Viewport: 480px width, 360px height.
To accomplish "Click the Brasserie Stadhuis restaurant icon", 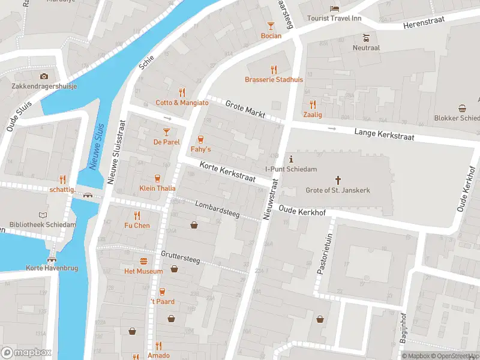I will [274, 70].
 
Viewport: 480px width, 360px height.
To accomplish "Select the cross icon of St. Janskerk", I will [338, 180].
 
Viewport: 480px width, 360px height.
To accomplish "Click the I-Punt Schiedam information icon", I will [291, 159].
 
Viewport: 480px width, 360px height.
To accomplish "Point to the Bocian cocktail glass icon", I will [271, 25].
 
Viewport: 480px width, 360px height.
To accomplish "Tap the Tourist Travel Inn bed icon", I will [334, 8].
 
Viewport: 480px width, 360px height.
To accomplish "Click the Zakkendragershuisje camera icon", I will [44, 76].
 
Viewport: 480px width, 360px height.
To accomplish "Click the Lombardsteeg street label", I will [217, 209].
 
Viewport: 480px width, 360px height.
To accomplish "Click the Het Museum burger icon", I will [143, 261].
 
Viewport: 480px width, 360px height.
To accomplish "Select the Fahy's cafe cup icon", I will [200, 139].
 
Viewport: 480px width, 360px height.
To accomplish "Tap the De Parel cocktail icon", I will [166, 131].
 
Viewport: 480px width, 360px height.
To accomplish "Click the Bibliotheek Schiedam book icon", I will [43, 215].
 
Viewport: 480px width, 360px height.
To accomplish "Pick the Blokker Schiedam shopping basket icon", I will [463, 109].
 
